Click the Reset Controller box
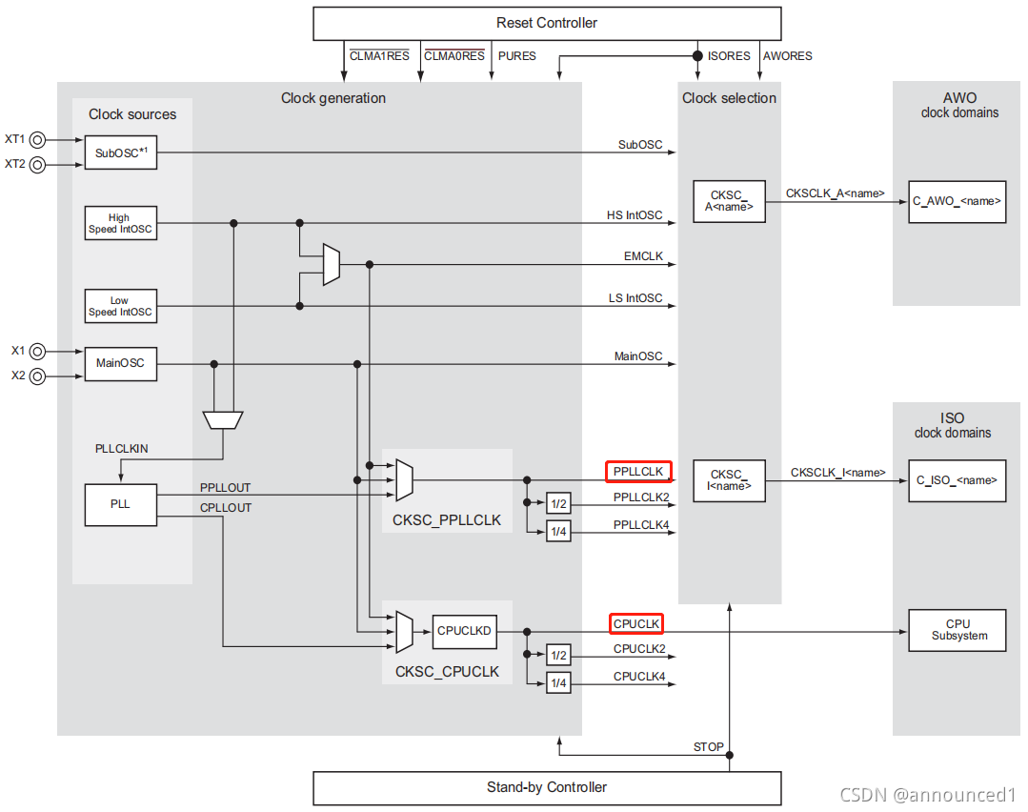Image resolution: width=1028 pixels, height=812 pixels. click(x=547, y=23)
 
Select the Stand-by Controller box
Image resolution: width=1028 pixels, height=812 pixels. click(x=547, y=787)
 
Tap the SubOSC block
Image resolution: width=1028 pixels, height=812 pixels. click(x=120, y=152)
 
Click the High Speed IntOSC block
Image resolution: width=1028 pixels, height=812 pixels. click(x=120, y=223)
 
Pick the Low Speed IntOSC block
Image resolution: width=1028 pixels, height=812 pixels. click(x=120, y=306)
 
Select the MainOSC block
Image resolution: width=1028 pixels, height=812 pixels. click(x=120, y=363)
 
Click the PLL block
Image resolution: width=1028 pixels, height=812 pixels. click(x=120, y=503)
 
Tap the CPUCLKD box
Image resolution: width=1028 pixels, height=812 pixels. click(x=464, y=630)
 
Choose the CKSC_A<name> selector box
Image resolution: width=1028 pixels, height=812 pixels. click(x=729, y=201)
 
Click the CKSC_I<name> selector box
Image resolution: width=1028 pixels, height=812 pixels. click(x=729, y=480)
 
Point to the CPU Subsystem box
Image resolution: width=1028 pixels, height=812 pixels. click(x=957, y=630)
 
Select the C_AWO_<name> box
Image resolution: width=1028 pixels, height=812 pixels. click(x=957, y=201)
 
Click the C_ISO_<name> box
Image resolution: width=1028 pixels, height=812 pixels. click(x=957, y=480)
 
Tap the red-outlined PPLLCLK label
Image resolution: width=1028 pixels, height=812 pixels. click(x=639, y=471)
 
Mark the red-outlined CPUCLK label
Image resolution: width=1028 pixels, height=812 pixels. click(x=636, y=624)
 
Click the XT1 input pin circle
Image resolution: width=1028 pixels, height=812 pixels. click(x=38, y=140)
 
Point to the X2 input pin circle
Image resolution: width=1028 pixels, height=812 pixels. click(x=38, y=376)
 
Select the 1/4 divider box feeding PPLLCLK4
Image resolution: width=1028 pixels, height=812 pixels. click(x=558, y=531)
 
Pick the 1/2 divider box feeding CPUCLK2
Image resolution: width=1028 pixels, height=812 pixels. click(x=558, y=655)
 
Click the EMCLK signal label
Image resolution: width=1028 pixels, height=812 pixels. click(x=644, y=257)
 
